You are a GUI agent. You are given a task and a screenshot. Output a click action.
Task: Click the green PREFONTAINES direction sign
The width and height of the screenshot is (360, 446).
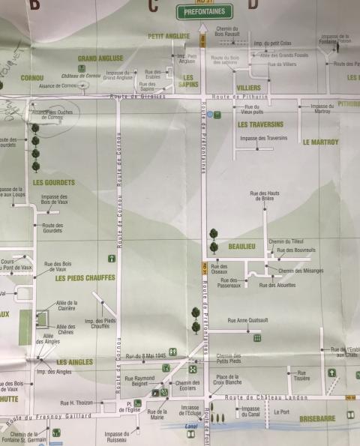pos(204,11)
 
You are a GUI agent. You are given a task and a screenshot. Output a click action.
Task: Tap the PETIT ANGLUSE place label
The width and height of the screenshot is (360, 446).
pos(169,36)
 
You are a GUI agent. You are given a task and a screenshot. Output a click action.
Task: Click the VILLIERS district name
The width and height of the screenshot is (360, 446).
pos(249,88)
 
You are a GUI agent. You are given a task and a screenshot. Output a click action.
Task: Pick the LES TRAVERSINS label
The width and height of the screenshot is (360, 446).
pos(260,124)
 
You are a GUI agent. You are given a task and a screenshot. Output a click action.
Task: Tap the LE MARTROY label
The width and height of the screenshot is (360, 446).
pos(321,141)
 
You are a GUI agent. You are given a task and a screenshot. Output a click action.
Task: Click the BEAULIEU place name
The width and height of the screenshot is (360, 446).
pos(242,246)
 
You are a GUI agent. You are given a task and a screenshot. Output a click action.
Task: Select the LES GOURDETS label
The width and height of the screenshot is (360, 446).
pos(54,182)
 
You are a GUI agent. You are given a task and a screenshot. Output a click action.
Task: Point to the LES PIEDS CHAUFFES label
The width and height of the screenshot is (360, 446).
pos(85,278)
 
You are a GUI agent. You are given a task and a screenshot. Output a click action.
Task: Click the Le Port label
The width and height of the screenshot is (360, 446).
pos(281,412)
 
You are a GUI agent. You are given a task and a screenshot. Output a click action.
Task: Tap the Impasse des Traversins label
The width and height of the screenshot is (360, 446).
pos(263,138)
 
